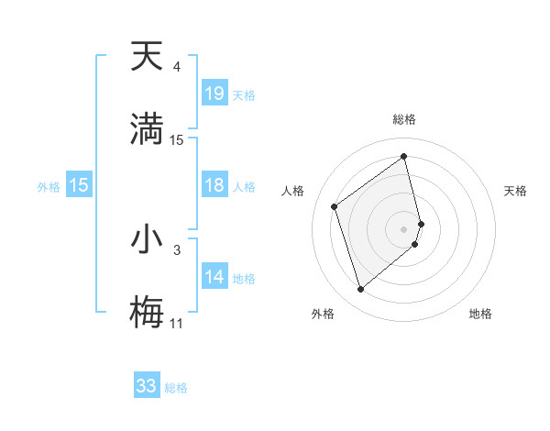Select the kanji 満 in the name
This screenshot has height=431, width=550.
click(x=147, y=128)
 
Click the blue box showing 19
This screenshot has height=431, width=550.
click(x=214, y=94)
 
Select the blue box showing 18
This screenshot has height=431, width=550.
click(x=214, y=186)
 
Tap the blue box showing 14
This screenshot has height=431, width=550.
click(x=214, y=277)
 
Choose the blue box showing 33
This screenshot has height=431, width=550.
click(x=147, y=386)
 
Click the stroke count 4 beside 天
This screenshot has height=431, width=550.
click(x=176, y=67)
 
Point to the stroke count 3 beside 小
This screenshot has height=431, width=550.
click(x=176, y=249)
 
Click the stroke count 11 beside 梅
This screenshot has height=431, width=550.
click(x=176, y=323)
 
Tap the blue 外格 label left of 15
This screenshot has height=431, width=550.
click(x=49, y=186)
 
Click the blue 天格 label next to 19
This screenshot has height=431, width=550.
click(x=244, y=94)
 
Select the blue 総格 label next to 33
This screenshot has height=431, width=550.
click(x=176, y=387)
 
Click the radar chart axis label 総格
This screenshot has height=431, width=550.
click(x=404, y=119)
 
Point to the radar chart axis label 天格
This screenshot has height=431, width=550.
click(x=516, y=191)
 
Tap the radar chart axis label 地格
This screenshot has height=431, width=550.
click(x=480, y=314)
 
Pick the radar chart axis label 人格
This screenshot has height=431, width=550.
click(x=293, y=191)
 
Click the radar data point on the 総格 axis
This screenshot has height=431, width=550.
click(x=404, y=157)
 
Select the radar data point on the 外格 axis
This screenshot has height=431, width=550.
click(x=360, y=290)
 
